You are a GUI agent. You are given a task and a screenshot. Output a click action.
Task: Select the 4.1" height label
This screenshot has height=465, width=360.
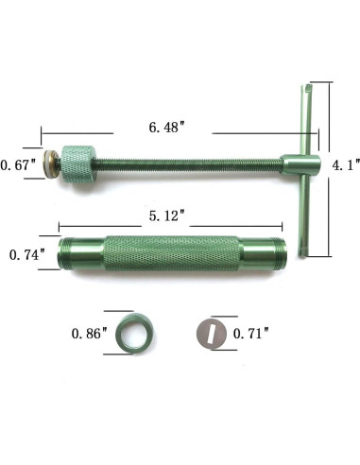click(x=343, y=164)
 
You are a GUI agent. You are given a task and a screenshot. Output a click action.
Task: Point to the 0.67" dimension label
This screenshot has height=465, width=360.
click(x=18, y=164)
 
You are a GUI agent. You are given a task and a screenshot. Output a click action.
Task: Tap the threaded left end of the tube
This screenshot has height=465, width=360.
click(x=72, y=255)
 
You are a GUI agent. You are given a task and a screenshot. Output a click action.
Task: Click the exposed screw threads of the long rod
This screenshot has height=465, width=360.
click(x=189, y=164)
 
